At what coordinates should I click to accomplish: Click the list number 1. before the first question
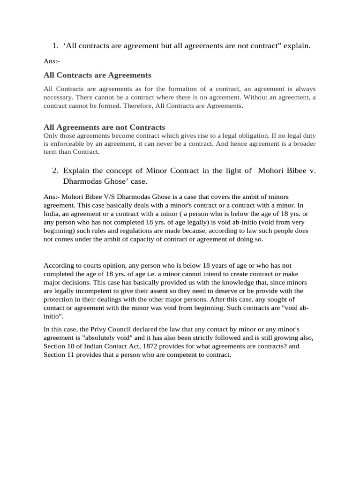click(x=55, y=46)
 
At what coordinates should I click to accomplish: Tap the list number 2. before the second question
click(x=55, y=171)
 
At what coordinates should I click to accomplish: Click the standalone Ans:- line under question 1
click(x=52, y=61)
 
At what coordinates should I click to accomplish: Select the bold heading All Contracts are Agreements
click(x=97, y=75)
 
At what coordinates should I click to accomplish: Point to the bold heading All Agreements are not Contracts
click(x=104, y=127)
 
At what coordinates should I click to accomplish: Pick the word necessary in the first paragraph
click(x=58, y=97)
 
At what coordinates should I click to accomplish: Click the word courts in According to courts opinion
click(x=87, y=265)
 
